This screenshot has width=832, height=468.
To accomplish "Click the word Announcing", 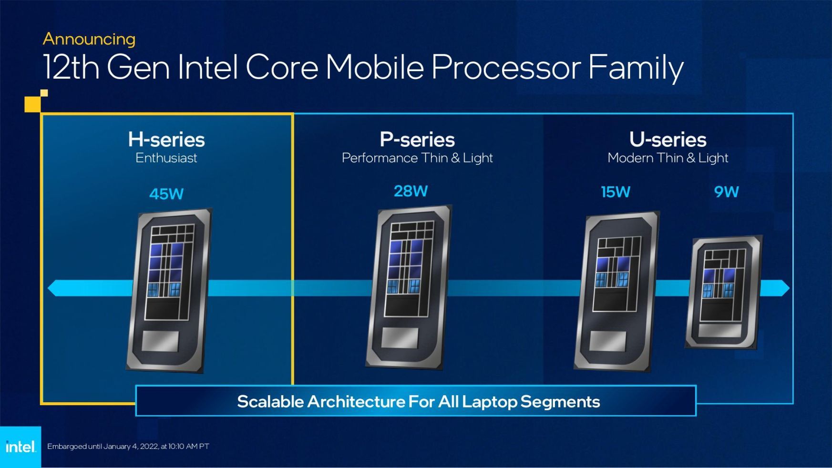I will (89, 39).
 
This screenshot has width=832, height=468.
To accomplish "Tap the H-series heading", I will (166, 140).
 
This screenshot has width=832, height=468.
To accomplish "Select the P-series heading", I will (417, 140).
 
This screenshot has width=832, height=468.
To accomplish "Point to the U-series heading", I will (668, 140).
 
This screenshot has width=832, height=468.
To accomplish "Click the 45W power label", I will (166, 194).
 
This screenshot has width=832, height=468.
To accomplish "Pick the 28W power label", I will (411, 191).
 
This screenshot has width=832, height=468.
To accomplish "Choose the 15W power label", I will (615, 192).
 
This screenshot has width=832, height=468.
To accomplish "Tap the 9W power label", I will (726, 192).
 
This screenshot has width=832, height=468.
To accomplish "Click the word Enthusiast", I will (166, 158).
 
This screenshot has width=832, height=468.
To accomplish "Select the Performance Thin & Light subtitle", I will (417, 158).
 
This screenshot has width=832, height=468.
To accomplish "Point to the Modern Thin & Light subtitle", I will (668, 158).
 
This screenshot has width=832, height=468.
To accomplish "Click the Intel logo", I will (21, 447).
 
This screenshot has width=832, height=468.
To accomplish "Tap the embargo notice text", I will (128, 447).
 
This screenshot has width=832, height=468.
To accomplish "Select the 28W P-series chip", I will (408, 287).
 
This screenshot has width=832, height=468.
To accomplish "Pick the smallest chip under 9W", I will (724, 292).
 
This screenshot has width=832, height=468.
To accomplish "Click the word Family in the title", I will (636, 68).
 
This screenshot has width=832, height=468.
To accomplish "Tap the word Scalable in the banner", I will (270, 402).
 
